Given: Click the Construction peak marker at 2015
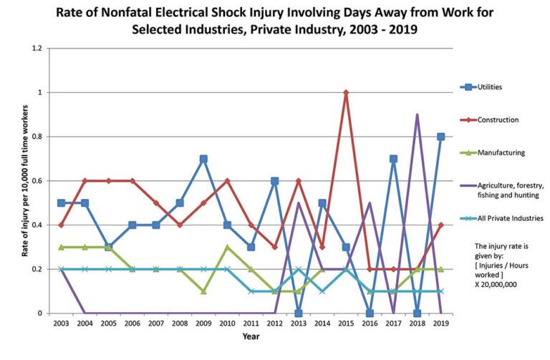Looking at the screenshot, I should coord(346,92).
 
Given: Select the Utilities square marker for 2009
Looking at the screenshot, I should coord(203,159).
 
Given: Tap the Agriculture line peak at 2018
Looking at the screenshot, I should coord(417,115).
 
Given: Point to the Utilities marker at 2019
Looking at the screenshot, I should coord(440,137).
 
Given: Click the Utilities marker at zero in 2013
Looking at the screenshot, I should coord(298,313).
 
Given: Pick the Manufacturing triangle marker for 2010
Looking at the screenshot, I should coord(227,247).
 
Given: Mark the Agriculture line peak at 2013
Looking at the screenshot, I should coord(298,203).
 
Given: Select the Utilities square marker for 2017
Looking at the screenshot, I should coord(393,159).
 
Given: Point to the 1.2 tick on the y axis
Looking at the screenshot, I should coord(44,49).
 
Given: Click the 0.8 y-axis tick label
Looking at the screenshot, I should coord(44,137).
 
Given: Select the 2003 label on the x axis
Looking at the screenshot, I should coord(61,324).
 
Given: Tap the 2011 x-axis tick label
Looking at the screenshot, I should coord(251,324).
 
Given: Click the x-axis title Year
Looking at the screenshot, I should coord(251,336).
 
